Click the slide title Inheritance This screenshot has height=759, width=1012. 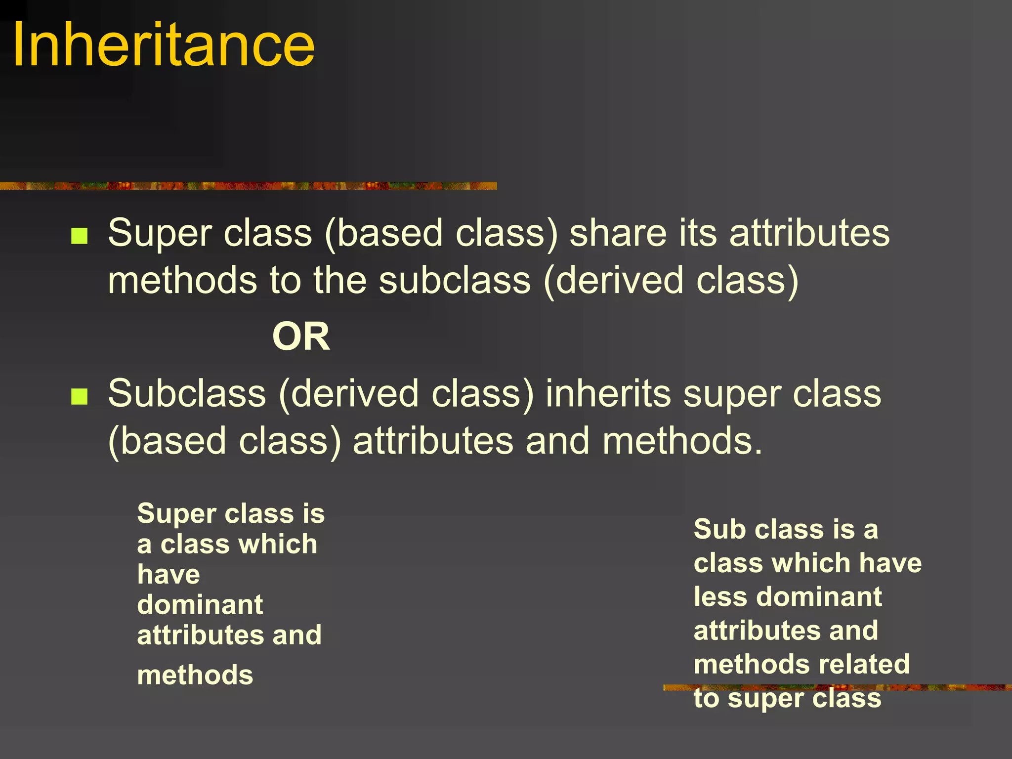coord(163,45)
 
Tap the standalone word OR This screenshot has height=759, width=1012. coord(301,337)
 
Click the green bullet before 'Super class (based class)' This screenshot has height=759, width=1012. coord(79,236)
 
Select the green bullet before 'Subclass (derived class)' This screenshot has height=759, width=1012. coord(79,396)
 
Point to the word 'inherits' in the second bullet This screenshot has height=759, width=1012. coord(608,394)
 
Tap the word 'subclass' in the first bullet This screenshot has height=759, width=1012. coord(455,281)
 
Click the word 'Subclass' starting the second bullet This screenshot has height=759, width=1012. coord(187,394)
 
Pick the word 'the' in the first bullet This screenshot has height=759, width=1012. coord(340,281)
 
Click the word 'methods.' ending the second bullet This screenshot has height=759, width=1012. coord(682,441)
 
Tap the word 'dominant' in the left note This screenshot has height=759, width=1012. coord(200,605)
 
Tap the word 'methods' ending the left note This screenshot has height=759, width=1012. coord(195,675)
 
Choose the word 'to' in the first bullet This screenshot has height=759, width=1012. coord(285,281)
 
